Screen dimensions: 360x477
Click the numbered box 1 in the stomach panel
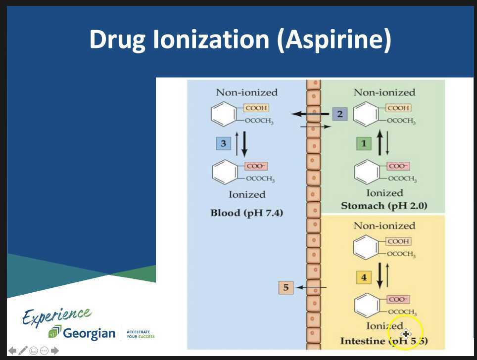[x=364, y=143]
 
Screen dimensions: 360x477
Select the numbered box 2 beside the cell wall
[x=339, y=114]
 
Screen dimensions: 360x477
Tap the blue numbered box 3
[x=223, y=143]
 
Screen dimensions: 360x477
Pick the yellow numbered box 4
[x=364, y=277]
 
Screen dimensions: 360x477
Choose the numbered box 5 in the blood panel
[x=286, y=287]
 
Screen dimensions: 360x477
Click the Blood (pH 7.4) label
[x=246, y=213]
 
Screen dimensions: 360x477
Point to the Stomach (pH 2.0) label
[x=384, y=206]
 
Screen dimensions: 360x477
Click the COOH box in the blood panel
[x=256, y=108]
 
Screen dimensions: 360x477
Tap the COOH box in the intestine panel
[x=398, y=241]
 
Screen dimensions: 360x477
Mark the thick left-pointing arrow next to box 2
[x=310, y=114]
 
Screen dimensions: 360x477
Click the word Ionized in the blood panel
[x=247, y=194]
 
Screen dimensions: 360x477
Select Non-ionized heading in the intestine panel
[x=384, y=225]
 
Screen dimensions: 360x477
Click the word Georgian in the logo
[x=89, y=333]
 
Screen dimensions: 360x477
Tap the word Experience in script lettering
[x=56, y=316]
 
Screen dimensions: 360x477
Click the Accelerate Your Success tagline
[x=141, y=334]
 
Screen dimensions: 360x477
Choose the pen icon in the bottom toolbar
[x=23, y=351]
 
